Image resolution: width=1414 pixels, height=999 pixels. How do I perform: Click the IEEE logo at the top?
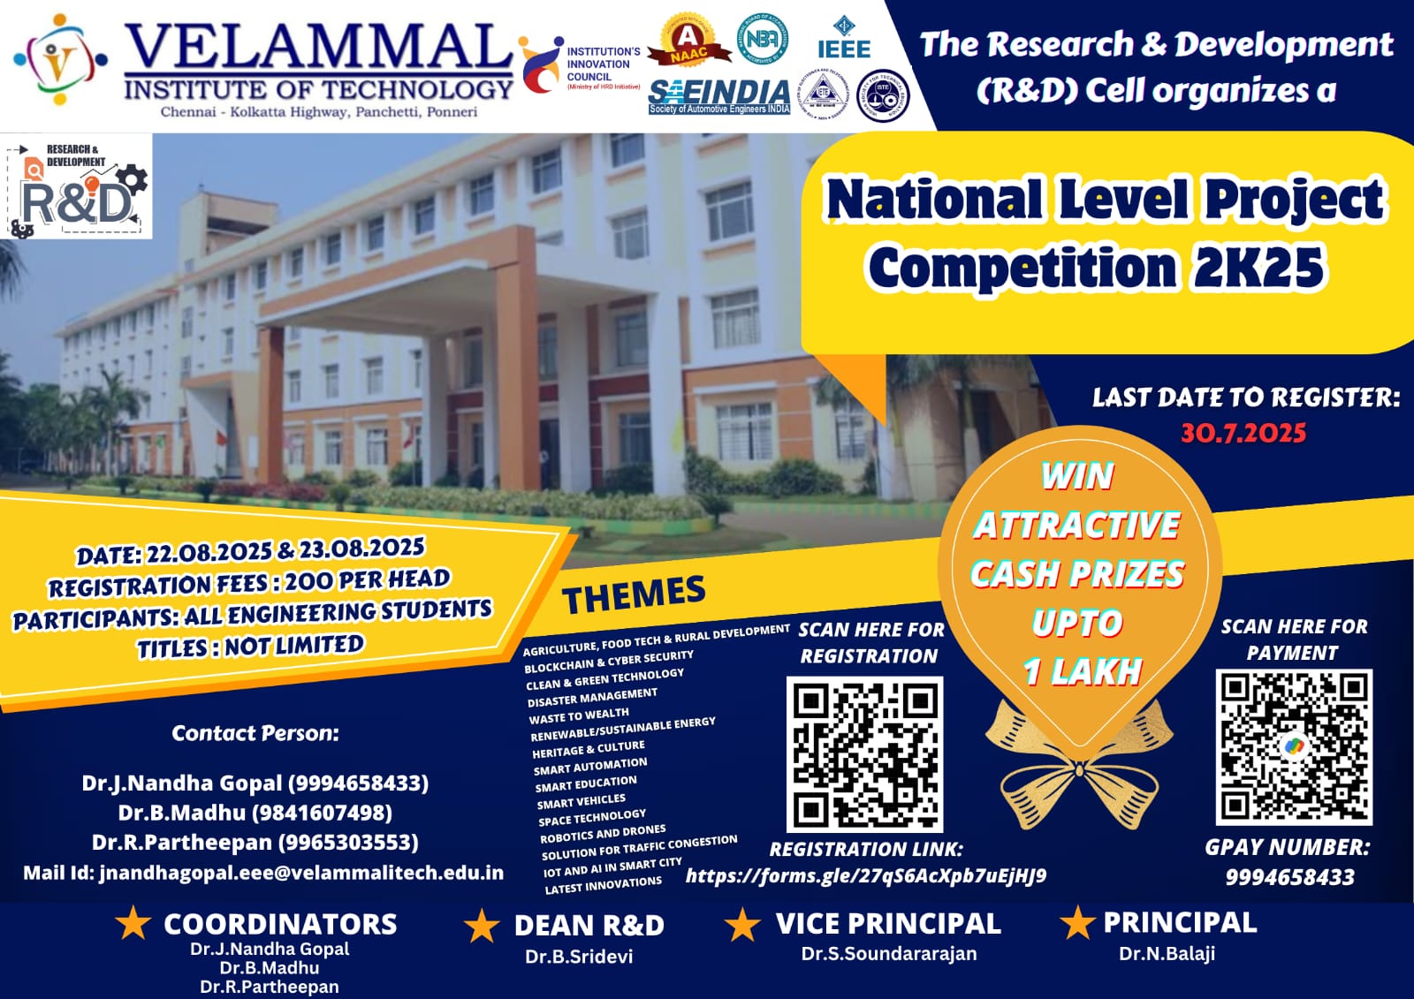843,40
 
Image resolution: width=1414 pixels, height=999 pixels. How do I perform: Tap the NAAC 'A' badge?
688,42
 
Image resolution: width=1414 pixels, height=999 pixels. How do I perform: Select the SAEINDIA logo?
718,95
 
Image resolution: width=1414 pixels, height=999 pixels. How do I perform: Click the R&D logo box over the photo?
78,187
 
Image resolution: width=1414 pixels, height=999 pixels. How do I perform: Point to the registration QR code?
864,753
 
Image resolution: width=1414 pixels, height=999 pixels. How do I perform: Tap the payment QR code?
1294,746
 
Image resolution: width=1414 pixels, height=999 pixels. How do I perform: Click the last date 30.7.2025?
1243,433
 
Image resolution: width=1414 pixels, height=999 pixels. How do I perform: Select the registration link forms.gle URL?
866,875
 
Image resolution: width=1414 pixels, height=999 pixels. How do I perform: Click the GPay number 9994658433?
1289,877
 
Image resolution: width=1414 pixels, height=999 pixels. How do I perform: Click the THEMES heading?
634,595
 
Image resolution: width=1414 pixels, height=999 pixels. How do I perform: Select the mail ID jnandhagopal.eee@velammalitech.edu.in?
301,873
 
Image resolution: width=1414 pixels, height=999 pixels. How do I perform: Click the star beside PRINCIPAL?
1077,923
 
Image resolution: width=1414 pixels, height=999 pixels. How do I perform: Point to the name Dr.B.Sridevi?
579,957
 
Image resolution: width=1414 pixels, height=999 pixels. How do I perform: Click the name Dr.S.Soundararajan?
889,954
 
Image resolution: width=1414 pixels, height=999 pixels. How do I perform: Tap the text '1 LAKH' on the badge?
1083,672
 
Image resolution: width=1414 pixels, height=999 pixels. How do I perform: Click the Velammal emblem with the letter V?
59,60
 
